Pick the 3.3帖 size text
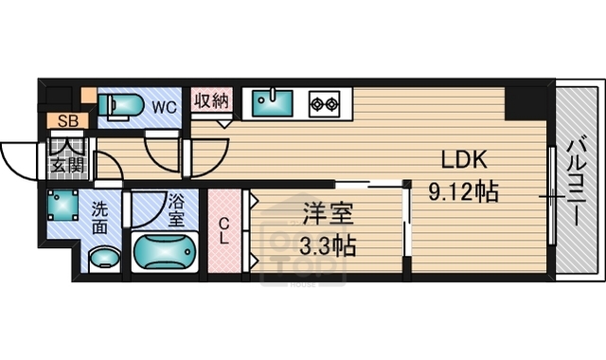coord(328,247)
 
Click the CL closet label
coord(224,231)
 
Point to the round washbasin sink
coord(103,257)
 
